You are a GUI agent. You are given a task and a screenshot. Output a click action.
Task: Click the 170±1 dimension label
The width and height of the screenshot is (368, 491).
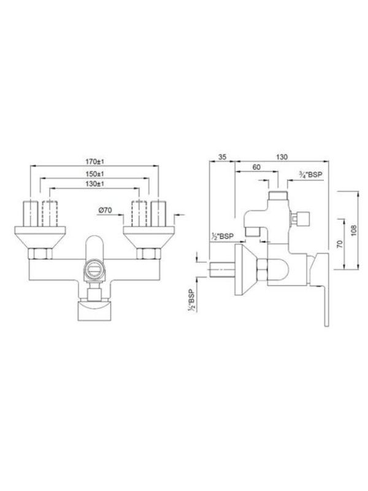(94, 161)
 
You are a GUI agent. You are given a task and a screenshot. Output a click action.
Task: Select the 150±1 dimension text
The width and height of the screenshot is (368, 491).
(94, 174)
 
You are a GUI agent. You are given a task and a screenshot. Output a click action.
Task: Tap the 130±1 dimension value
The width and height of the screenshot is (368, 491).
(94, 184)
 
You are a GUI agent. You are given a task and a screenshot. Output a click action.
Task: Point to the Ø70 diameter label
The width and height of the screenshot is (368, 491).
(105, 211)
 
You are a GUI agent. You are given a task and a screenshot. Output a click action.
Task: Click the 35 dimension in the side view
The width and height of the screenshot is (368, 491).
(222, 157)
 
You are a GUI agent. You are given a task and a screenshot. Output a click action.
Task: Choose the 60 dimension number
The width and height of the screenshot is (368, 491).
(256, 167)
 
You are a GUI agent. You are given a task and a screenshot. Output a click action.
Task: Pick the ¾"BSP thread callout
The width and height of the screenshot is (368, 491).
(310, 175)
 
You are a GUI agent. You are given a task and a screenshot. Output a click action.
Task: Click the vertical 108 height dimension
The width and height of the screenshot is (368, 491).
(354, 231)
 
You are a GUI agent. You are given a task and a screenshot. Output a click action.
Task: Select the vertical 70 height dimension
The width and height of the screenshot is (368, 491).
(340, 244)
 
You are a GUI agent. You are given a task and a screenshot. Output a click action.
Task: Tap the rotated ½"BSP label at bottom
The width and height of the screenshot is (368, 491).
(191, 301)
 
